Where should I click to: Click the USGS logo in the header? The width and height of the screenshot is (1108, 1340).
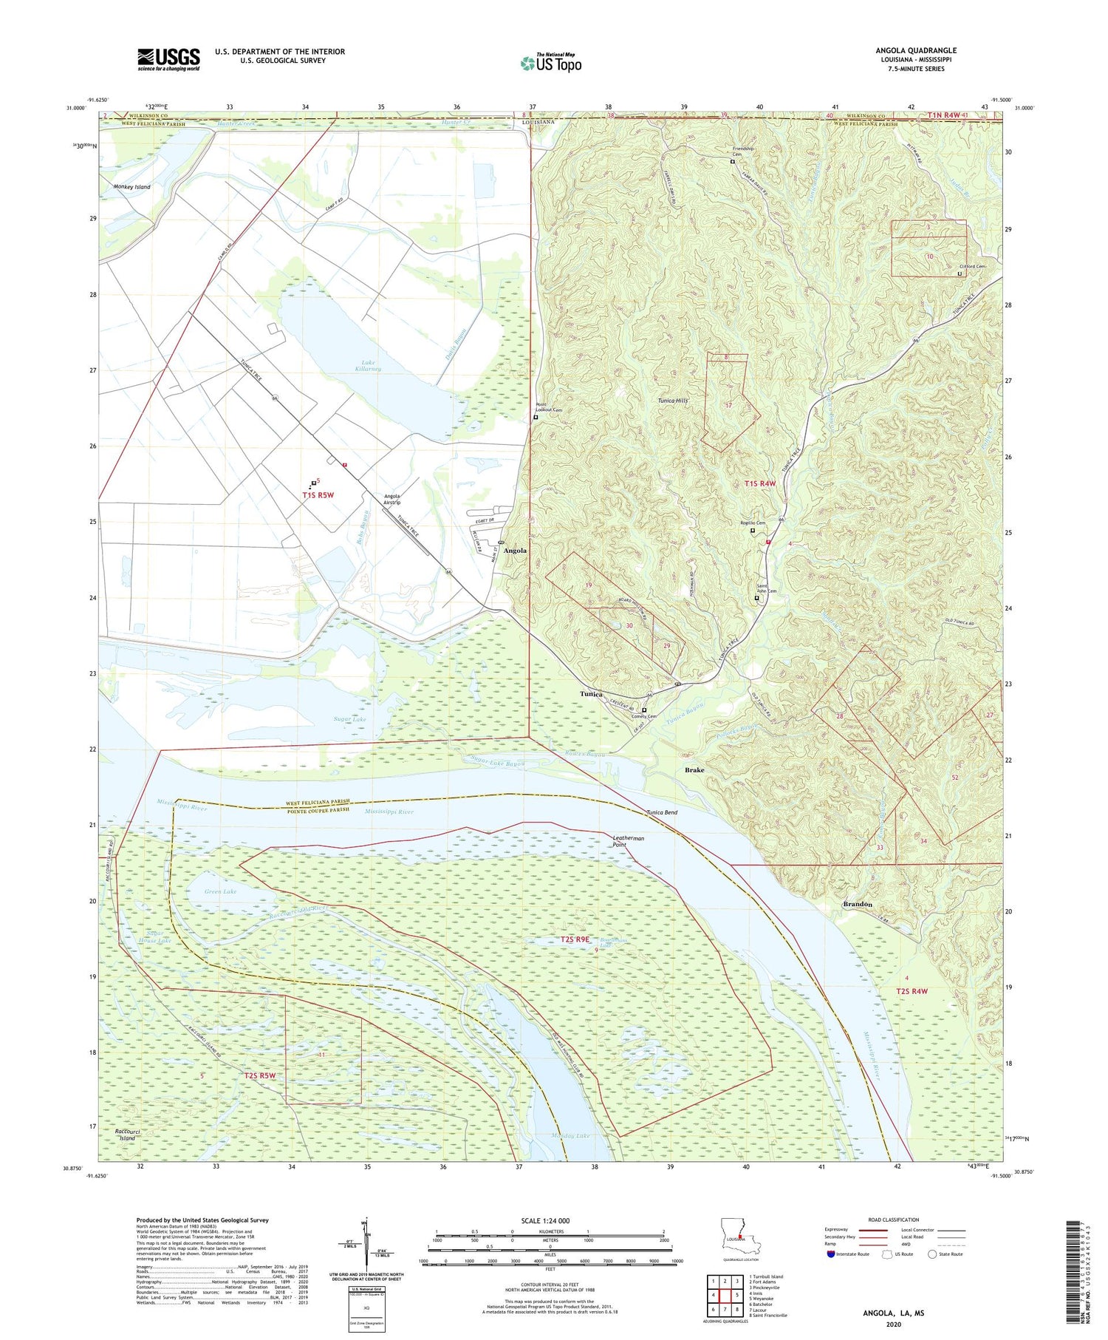(168, 59)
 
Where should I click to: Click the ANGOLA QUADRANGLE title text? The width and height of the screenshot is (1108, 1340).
(915, 50)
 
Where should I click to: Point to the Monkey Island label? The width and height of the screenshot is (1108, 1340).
(132, 187)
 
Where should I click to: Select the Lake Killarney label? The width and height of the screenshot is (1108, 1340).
(367, 364)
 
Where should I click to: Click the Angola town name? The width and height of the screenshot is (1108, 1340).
(515, 551)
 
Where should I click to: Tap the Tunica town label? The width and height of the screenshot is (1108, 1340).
(591, 694)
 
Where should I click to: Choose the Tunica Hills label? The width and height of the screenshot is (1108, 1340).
(673, 401)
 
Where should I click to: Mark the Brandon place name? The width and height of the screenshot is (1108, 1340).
(858, 904)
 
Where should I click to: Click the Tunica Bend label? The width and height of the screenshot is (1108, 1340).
(662, 812)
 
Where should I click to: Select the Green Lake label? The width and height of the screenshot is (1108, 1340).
(221, 892)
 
